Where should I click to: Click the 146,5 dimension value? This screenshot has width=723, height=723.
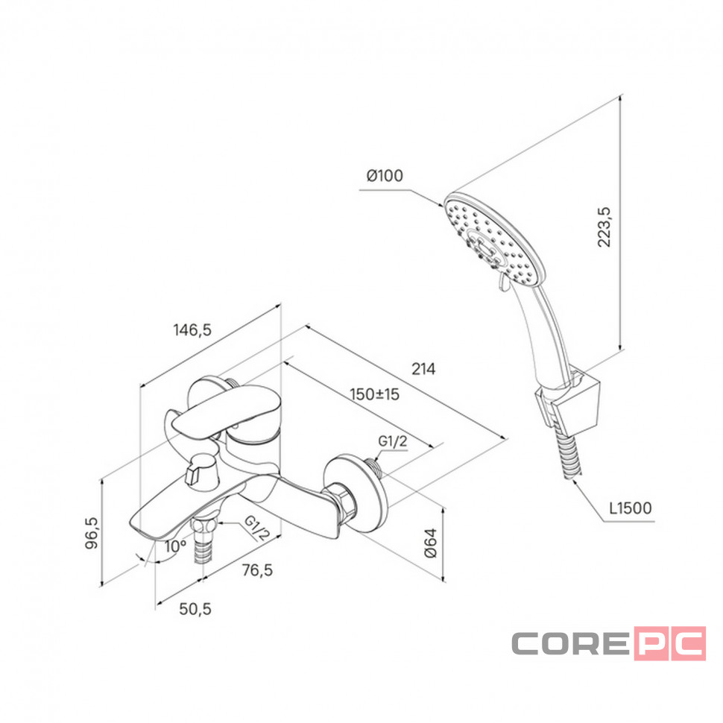point(192,329)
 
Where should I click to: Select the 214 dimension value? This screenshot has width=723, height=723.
point(423,369)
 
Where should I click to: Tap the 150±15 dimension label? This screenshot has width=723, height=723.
point(374,394)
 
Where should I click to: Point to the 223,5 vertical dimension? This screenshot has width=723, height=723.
point(604,227)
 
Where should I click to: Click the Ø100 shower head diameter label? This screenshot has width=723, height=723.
point(385,175)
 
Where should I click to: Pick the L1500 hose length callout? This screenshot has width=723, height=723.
point(631,508)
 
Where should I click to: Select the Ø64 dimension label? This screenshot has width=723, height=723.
point(430,543)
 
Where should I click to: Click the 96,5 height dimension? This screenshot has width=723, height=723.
point(92,533)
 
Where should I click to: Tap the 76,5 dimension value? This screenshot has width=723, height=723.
point(257,570)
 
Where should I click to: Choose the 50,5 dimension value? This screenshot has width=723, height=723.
point(195,609)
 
